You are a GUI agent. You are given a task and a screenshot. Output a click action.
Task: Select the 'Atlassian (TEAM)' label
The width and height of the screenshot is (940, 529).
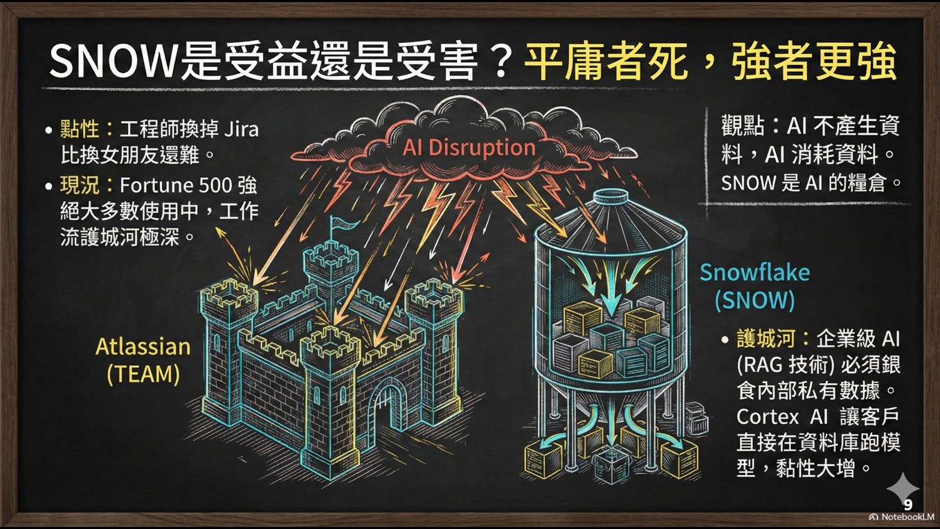point(143,360)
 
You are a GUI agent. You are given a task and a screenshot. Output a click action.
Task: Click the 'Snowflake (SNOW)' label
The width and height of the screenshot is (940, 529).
point(754,286)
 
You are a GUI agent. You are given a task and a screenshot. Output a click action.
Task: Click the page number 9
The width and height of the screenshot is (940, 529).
point(907,505)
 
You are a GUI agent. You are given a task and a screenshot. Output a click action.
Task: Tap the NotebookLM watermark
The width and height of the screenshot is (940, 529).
point(901,517)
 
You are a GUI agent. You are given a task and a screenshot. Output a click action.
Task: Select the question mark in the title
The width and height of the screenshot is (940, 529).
point(493,64)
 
